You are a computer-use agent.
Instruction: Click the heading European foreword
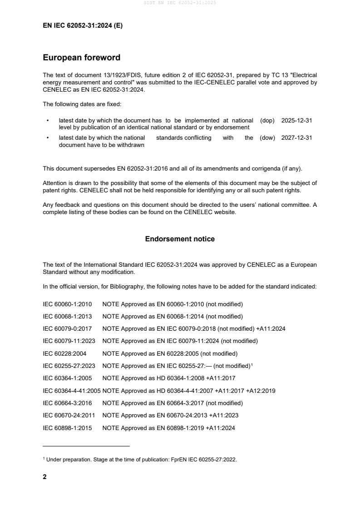pyautogui.click(x=81, y=58)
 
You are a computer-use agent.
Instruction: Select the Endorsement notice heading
pyautogui.click(x=180, y=239)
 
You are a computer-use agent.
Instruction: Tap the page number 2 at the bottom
pyautogui.click(x=44, y=477)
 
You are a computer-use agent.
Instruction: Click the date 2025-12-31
pyautogui.click(x=296, y=121)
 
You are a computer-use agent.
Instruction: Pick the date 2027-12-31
pyautogui.click(x=296, y=138)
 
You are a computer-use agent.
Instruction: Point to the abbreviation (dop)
pyautogui.click(x=268, y=121)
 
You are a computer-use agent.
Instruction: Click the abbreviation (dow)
pyautogui.click(x=267, y=138)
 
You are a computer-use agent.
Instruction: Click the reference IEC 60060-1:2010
pyautogui.click(x=66, y=304)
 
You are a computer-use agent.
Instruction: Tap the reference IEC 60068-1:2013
pyautogui.click(x=66, y=316)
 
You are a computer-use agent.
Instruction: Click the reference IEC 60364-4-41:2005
pyautogui.click(x=71, y=391)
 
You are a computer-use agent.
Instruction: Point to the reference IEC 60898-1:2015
pyautogui.click(x=66, y=427)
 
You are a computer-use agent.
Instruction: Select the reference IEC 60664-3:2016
pyautogui.click(x=66, y=403)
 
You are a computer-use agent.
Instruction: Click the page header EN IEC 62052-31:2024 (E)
pyautogui.click(x=82, y=26)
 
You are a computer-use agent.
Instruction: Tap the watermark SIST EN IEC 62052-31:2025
pyautogui.click(x=180, y=3)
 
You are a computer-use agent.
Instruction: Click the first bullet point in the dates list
pyautogui.click(x=48, y=121)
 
